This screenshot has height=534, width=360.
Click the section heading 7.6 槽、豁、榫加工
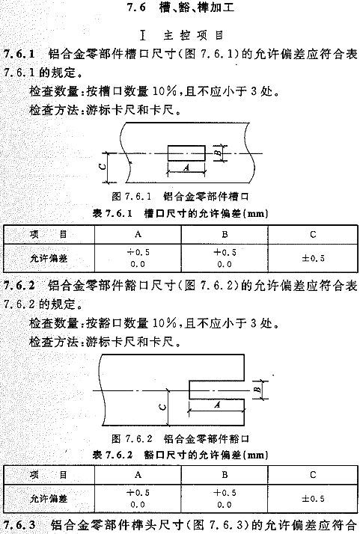pos(180,7)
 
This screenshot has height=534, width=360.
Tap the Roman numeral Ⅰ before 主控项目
pos(142,35)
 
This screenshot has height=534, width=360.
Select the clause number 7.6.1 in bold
pos(19,54)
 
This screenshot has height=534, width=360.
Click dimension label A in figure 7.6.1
pos(186,168)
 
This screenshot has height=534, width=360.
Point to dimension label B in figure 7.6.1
pos(219,153)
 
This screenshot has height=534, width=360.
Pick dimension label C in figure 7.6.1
pos(103,167)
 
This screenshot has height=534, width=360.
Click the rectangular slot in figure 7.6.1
pos(186,153)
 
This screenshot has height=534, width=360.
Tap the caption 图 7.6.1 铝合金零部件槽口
pos(180,197)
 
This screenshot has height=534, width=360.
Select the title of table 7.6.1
pos(180,214)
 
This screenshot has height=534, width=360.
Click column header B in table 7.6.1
pos(225,234)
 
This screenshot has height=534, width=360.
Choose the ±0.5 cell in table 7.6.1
pos(313,258)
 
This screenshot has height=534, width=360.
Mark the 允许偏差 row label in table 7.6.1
pos(49,258)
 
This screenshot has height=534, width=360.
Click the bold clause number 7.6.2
pos(19,286)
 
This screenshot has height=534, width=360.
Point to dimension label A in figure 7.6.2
pos(217,405)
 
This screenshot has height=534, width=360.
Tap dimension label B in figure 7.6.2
pos(258,389)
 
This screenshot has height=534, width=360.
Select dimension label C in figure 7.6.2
pos(163,408)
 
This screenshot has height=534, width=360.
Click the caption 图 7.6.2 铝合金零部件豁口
pos(180,438)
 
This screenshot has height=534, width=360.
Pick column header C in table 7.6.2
pos(313,475)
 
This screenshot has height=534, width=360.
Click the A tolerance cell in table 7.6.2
pos(138,498)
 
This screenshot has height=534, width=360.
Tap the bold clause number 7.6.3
pos(19,525)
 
